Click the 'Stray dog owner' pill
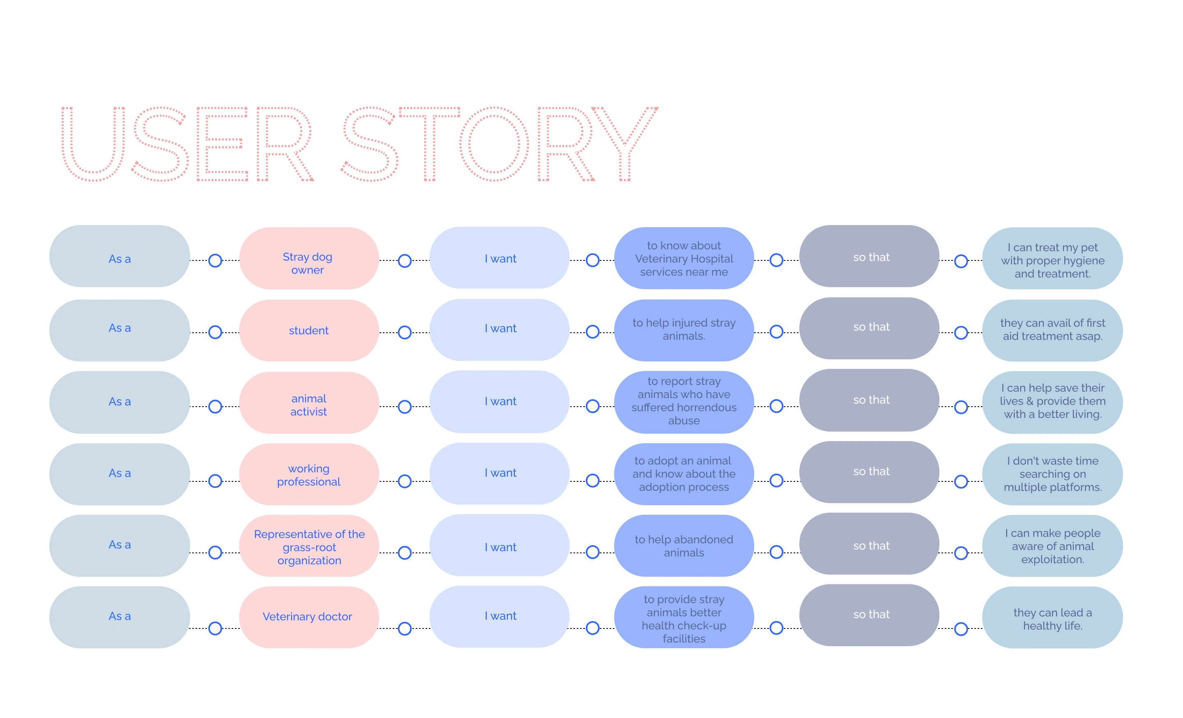(309, 258)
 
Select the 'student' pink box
(309, 330)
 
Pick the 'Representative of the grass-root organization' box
(309, 546)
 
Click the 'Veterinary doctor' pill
(309, 617)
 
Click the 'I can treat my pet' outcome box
(1052, 258)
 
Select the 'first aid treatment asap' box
(1052, 330)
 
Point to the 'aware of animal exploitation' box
(1052, 546)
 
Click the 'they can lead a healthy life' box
(1052, 617)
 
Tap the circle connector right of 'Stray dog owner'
(405, 260)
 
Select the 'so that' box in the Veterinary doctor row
(869, 615)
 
